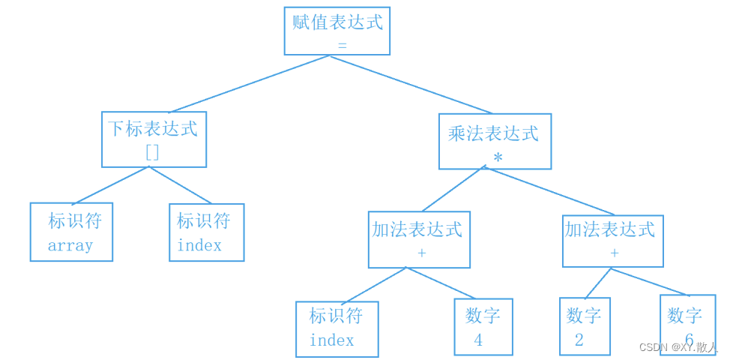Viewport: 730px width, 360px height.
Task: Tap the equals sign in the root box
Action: coord(343,46)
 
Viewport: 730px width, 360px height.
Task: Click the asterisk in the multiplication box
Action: coord(498,157)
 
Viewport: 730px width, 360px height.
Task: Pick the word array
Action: coord(70,245)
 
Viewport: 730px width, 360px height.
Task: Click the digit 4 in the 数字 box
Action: coord(478,340)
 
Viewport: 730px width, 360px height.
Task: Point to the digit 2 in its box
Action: coord(579,340)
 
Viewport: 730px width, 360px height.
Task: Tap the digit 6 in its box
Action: coord(689,338)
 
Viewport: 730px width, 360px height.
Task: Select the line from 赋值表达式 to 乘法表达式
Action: coord(411,85)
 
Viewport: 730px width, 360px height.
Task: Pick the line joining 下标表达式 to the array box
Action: coord(110,185)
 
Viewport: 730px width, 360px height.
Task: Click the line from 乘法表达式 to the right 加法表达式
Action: coord(549,191)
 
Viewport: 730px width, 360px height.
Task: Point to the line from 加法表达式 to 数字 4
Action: coord(441,283)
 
